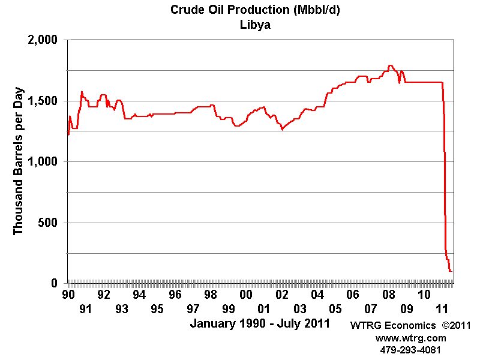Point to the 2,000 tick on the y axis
(44, 40)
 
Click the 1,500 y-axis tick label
(44, 101)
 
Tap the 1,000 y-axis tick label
(44, 162)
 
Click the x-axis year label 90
(68, 295)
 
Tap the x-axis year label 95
(157, 309)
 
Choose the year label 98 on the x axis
(211, 295)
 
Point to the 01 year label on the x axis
(264, 309)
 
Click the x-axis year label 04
(317, 295)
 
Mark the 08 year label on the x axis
(389, 295)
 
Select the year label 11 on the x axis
(442, 309)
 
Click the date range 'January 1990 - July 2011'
(260, 324)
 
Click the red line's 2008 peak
(391, 65)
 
